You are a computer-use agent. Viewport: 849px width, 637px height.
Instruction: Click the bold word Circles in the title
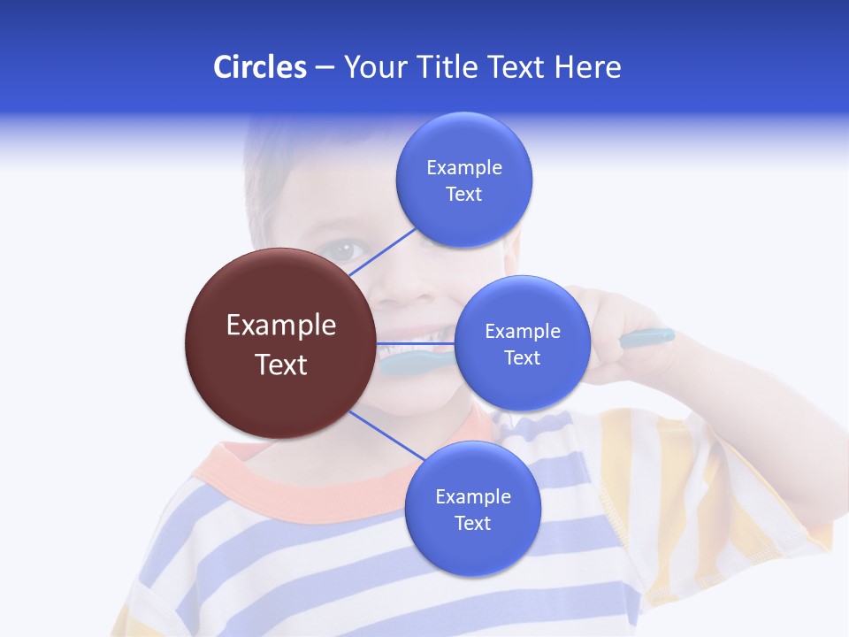[259, 67]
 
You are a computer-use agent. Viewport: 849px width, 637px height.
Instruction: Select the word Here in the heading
[587, 67]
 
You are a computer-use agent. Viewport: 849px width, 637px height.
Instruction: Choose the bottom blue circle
[472, 549]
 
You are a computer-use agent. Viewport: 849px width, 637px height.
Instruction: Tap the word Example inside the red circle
[281, 326]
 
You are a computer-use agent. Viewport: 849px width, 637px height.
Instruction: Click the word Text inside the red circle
[281, 365]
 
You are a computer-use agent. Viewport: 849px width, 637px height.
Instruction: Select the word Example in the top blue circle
[464, 168]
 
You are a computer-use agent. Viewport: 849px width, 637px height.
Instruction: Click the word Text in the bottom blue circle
[472, 524]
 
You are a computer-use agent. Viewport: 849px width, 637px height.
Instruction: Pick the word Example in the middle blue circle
[523, 332]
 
